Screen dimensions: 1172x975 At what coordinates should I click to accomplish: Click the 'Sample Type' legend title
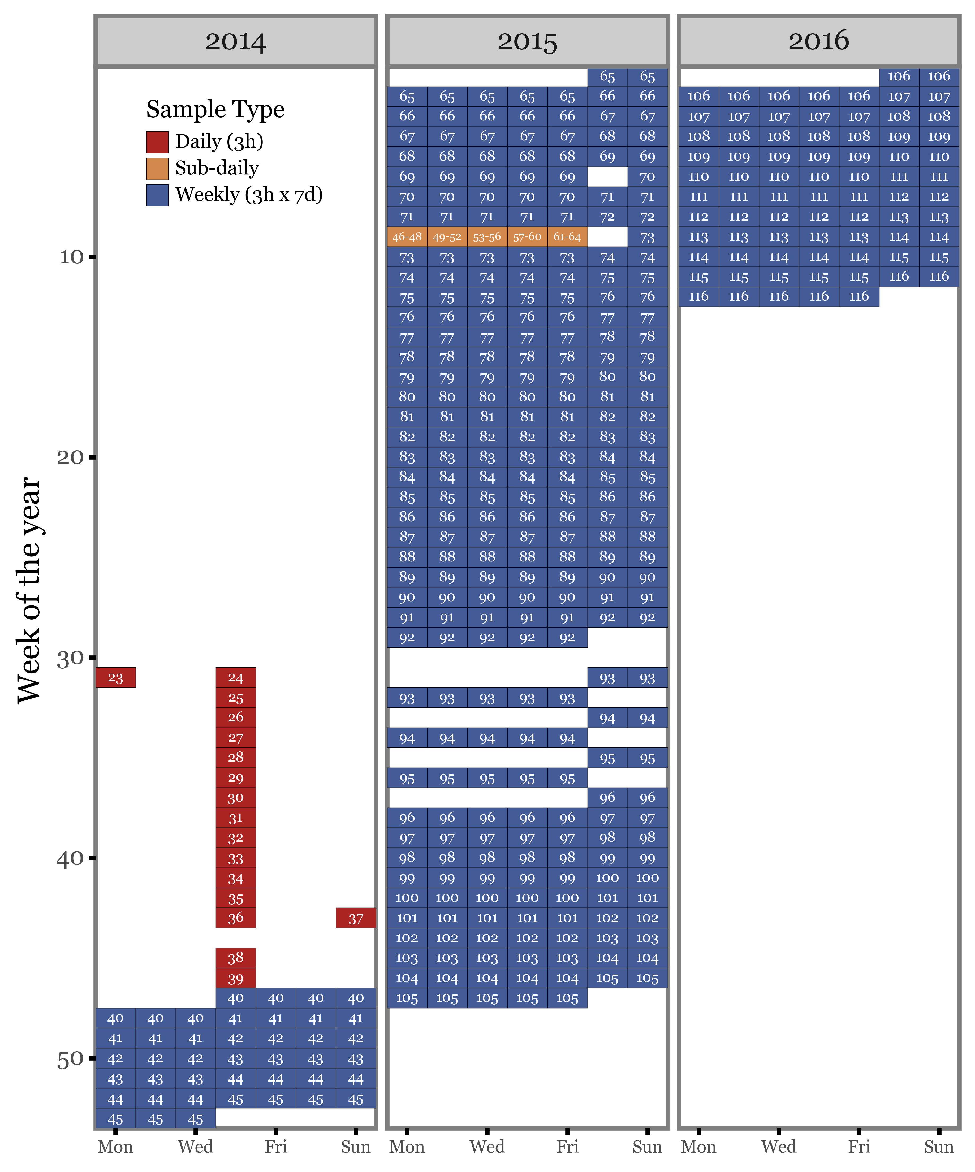[215, 109]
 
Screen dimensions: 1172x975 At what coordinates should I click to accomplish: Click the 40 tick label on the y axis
[70, 858]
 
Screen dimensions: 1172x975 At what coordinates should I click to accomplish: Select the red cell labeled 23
[115, 677]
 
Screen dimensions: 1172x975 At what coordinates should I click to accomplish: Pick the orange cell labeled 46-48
[407, 237]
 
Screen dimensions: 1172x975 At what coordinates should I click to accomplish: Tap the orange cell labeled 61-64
[567, 237]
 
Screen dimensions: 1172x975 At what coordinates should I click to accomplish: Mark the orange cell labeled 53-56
[487, 237]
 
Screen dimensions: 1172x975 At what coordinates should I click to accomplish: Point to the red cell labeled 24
[235, 677]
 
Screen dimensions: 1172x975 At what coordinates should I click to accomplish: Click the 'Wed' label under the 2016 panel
[779, 1146]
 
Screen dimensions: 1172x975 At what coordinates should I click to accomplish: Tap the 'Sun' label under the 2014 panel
[356, 1146]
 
